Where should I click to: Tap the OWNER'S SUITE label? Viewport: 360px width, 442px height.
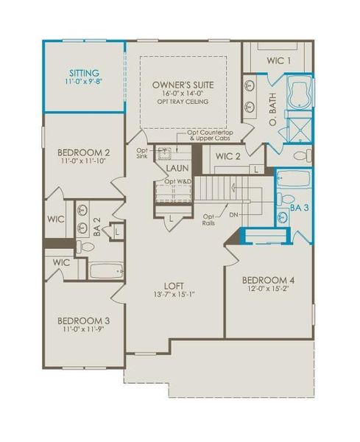coord(183,85)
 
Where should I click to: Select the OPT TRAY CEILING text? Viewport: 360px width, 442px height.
coord(183,102)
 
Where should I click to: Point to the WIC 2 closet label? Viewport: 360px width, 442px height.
coord(227,155)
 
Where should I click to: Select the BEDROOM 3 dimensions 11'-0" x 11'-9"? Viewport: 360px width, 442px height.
coord(83,331)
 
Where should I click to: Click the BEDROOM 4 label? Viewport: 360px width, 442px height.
coord(269,280)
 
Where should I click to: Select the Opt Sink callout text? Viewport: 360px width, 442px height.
coord(142,153)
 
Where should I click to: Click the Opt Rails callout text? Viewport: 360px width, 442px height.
coord(209,220)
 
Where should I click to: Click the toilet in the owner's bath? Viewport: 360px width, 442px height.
coord(300,156)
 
